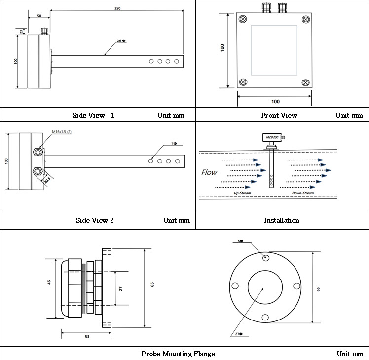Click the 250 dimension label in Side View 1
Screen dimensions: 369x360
pos(117,8)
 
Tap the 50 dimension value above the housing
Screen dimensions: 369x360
pos(39,16)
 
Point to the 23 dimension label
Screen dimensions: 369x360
pos(21,31)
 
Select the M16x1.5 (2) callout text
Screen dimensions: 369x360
pos(62,132)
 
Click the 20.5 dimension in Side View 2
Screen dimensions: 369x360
pos(47,180)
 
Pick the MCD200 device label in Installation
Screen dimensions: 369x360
pos(272,137)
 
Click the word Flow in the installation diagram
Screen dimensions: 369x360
pos(209,172)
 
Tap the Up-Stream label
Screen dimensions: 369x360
pos(242,193)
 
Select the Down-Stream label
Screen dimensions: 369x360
pos(303,193)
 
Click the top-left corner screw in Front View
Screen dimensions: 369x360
pos(243,19)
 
